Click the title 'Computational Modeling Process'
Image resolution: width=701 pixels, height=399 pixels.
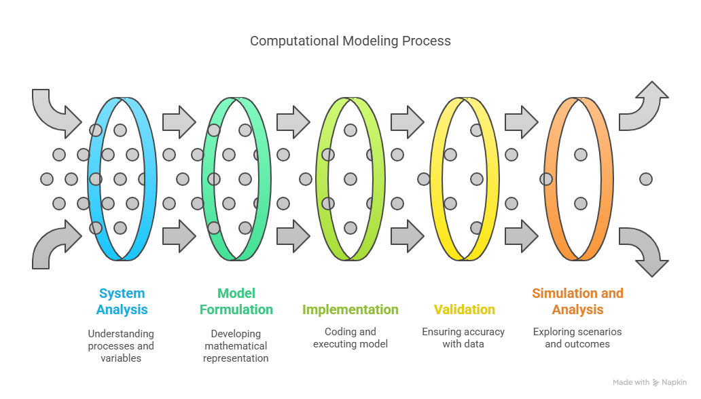tap(350, 41)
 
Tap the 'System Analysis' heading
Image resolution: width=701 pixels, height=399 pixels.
tap(122, 301)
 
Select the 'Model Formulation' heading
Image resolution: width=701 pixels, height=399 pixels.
tap(236, 301)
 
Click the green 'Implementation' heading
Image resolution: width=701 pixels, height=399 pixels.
tap(350, 309)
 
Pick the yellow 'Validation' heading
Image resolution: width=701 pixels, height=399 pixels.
tap(465, 309)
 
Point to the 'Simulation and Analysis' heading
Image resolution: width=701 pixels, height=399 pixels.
tap(577, 301)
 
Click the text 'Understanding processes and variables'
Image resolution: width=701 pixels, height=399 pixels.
tap(121, 346)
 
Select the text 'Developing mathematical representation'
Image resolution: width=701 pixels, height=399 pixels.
tap(236, 346)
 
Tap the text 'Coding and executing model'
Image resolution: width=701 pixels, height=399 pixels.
tap(350, 338)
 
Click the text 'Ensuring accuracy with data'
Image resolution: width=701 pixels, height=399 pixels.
tap(463, 338)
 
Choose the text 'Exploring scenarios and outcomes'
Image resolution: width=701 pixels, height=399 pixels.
tap(577, 338)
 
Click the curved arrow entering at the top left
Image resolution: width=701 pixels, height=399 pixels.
tap(54, 116)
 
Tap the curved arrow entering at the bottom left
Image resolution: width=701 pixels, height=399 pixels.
tap(54, 244)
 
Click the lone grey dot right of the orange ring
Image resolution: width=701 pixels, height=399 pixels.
tap(645, 179)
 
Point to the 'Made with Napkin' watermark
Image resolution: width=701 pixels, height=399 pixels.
tap(649, 383)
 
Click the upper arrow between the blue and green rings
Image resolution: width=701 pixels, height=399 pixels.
tap(179, 122)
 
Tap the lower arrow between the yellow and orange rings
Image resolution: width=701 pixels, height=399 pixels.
tap(521, 236)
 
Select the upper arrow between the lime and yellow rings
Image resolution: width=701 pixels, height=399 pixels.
tap(408, 122)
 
